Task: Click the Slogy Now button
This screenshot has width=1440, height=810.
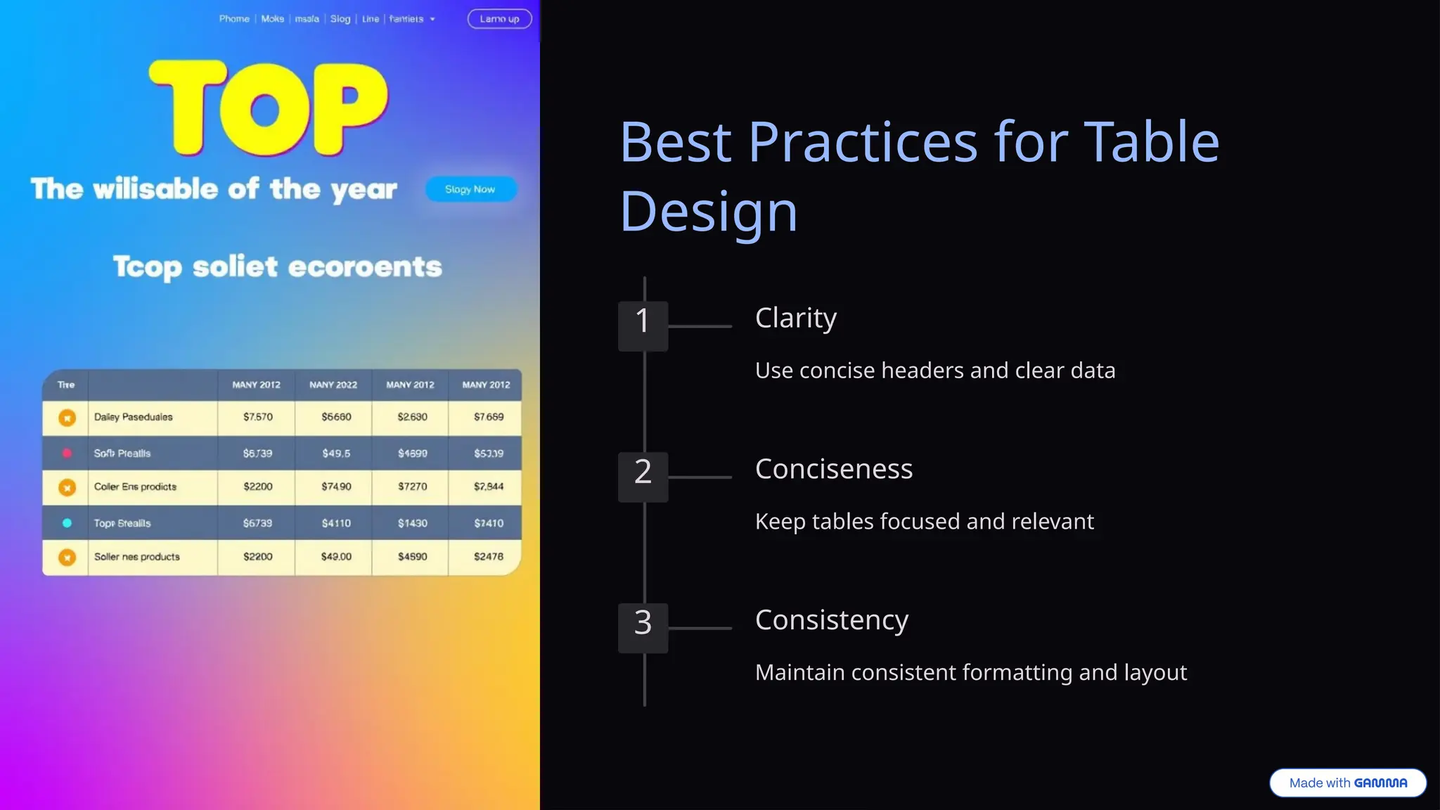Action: point(470,189)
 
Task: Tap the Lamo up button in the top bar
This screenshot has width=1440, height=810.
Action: point(499,19)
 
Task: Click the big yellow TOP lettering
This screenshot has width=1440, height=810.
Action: point(268,108)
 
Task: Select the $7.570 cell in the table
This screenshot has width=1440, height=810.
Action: point(257,417)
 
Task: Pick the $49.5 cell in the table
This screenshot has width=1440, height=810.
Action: point(335,454)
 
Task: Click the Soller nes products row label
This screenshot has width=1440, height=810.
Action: point(137,557)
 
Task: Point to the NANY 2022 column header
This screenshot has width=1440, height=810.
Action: point(333,385)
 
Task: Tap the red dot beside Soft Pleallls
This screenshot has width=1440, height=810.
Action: point(67,454)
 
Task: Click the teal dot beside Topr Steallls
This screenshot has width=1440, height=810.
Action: point(67,523)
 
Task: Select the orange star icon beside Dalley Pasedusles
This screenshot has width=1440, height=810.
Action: point(67,418)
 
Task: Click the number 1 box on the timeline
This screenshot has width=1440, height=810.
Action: point(643,326)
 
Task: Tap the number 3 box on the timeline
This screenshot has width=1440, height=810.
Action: point(643,627)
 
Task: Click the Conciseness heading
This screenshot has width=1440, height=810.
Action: point(833,469)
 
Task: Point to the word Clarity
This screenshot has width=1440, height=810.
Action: point(795,318)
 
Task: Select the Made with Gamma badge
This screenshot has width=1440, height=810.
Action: point(1347,783)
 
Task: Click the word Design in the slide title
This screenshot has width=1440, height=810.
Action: point(708,211)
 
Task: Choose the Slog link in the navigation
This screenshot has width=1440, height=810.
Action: point(340,19)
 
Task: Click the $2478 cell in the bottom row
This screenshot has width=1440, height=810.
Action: point(488,557)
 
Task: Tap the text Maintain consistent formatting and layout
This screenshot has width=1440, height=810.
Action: point(970,673)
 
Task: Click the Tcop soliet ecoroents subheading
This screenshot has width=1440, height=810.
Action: point(277,267)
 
